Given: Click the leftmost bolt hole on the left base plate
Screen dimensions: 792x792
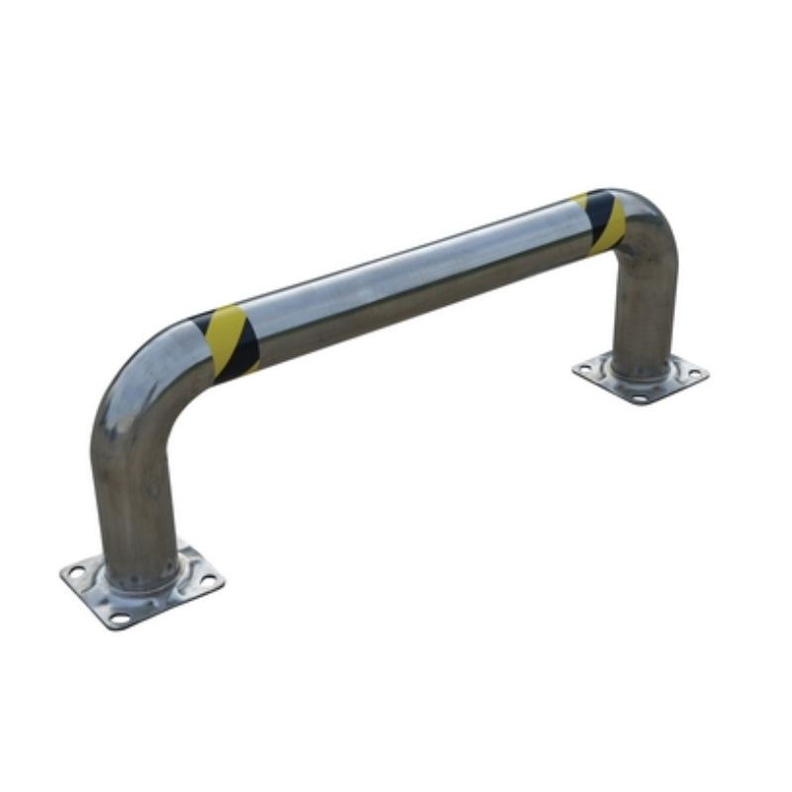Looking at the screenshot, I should pos(77,571).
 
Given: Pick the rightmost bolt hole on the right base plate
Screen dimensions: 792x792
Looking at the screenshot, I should pos(695,374).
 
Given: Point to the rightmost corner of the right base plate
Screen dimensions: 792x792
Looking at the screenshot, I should pos(707,374).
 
